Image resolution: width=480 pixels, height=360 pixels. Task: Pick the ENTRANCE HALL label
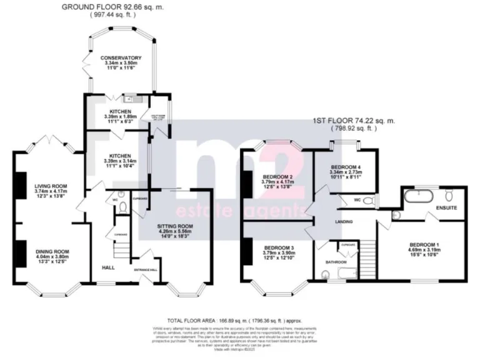(146, 269)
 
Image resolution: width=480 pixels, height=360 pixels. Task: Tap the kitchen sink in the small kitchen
(132, 99)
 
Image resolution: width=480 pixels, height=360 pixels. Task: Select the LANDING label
(343, 221)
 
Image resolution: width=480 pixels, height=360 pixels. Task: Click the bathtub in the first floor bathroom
(342, 273)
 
